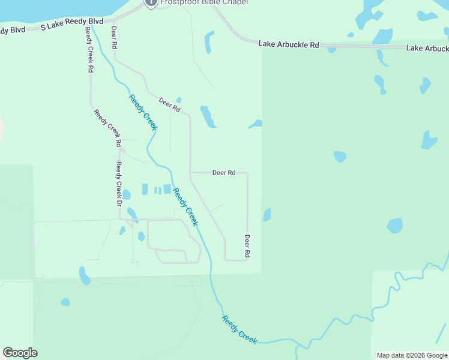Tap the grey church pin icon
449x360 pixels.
pos(150,2)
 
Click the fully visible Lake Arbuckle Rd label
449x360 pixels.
pos(289,44)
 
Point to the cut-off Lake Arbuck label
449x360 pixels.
pos(427,48)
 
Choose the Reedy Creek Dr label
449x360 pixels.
pos(119,185)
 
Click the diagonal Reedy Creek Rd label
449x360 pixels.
pos(107,127)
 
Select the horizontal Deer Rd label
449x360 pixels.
pos(223,173)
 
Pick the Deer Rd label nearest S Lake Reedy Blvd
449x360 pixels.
pos(114,37)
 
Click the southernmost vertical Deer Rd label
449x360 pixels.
pos(247,246)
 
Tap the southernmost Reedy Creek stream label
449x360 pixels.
pos(240,329)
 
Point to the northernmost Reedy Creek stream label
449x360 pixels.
pos(142,112)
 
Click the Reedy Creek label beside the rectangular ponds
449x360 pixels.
pos(185,206)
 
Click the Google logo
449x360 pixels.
pos(20,353)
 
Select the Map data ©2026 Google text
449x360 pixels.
pos(412,355)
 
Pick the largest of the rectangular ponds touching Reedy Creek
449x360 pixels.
pos(167,189)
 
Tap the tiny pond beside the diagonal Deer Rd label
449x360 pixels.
pos(178,100)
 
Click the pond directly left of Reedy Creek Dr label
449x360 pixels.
pos(126,194)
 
